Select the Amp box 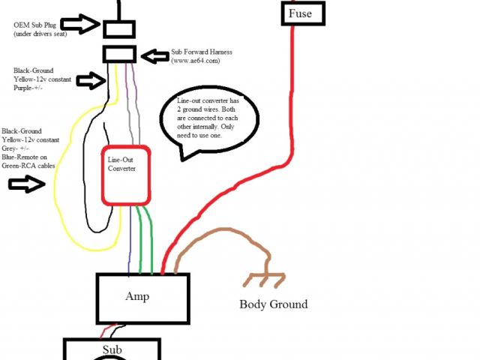pyautogui.click(x=142, y=297)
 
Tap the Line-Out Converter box pyautogui.click(x=126, y=175)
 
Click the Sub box pyautogui.click(x=111, y=349)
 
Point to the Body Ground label pyautogui.click(x=273, y=304)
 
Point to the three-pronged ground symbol pyautogui.click(x=264, y=280)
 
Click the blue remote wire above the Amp pyautogui.click(x=130, y=240)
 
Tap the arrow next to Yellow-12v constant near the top pyautogui.click(x=90, y=79)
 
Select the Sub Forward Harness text pyautogui.click(x=201, y=52)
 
